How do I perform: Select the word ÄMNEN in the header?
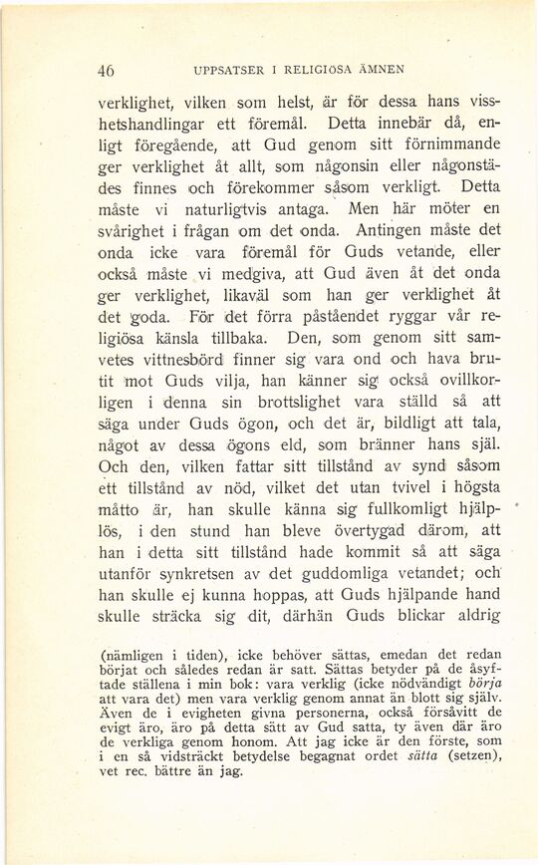(x=378, y=70)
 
